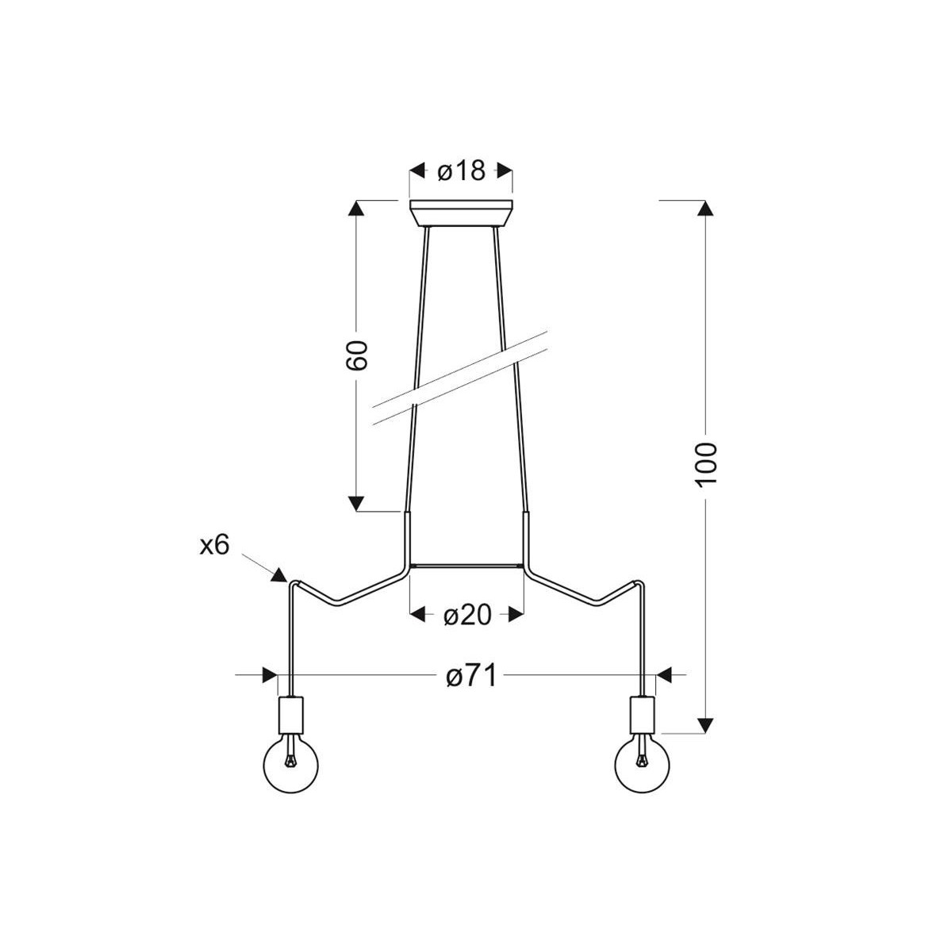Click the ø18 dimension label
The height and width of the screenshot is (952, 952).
(x=462, y=171)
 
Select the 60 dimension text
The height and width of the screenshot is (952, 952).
(x=357, y=355)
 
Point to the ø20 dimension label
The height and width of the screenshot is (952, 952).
(x=466, y=615)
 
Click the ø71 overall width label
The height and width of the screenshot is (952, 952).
(x=470, y=676)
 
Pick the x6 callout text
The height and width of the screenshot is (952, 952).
(x=214, y=545)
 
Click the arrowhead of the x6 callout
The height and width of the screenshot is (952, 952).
(x=279, y=575)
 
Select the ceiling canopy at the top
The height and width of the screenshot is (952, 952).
(x=462, y=213)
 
